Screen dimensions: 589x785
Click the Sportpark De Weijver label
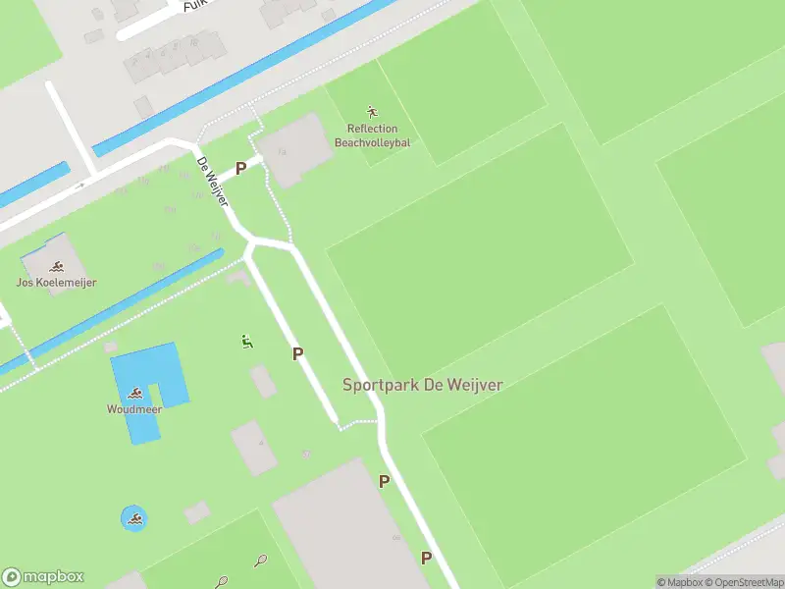pos(422,385)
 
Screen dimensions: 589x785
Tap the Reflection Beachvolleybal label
pos(372,135)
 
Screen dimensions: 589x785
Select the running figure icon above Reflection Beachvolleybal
pos(372,111)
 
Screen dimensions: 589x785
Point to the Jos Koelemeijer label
pos(56,283)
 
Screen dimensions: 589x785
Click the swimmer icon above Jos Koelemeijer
pos(57,266)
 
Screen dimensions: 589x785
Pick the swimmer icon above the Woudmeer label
pos(134,394)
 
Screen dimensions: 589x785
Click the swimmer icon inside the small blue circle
pos(134,518)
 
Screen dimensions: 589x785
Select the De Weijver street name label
pos(213,182)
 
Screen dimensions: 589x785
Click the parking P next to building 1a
pos(240,169)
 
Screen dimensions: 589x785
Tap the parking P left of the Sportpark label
pos(297,353)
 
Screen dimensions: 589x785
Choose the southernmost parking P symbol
pos(426,558)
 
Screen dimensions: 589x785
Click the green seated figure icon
pos(247,342)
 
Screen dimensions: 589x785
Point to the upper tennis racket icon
pos(260,562)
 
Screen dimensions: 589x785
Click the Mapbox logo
pos(43,577)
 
